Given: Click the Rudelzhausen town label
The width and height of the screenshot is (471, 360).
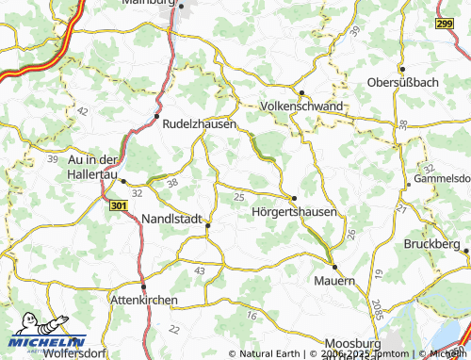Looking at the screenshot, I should pyautogui.click(x=199, y=123).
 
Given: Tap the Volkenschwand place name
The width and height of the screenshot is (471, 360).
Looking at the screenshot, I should pyautogui.click(x=302, y=106).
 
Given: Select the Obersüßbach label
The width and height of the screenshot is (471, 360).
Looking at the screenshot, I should pyautogui.click(x=404, y=83).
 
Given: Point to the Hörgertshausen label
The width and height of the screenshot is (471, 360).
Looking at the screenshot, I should pyautogui.click(x=295, y=212).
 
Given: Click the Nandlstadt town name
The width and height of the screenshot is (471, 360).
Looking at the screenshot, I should pyautogui.click(x=172, y=219).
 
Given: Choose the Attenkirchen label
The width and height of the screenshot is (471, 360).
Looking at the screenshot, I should pyautogui.click(x=144, y=300).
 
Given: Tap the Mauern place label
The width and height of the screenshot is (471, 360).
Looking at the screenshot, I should pyautogui.click(x=334, y=281).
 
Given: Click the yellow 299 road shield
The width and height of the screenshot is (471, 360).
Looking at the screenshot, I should pyautogui.click(x=447, y=23).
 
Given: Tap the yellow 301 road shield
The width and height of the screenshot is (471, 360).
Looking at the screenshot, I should pyautogui.click(x=118, y=205).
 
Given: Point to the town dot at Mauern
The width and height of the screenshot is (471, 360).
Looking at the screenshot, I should pyautogui.click(x=334, y=267).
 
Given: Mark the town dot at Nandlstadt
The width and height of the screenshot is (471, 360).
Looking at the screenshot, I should pyautogui.click(x=207, y=224).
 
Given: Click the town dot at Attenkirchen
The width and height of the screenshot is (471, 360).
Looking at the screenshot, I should pyautogui.click(x=143, y=286).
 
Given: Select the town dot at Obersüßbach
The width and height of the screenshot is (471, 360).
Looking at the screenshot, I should pyautogui.click(x=403, y=70).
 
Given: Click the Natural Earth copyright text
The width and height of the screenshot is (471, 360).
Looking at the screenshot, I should pyautogui.click(x=272, y=354).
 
